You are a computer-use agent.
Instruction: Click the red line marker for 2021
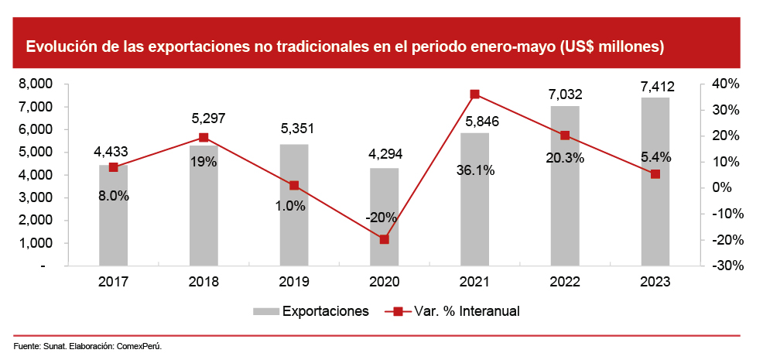point(474,94)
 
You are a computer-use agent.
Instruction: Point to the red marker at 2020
point(385,239)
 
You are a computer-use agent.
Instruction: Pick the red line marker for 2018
point(204,138)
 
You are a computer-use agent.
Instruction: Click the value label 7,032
point(565,94)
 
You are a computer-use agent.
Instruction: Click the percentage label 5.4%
point(655,157)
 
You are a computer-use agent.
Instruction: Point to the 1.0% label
point(294,207)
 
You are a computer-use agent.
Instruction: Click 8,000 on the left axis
point(35,84)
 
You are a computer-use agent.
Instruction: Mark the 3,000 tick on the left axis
point(35,197)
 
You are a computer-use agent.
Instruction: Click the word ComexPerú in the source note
point(139,345)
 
